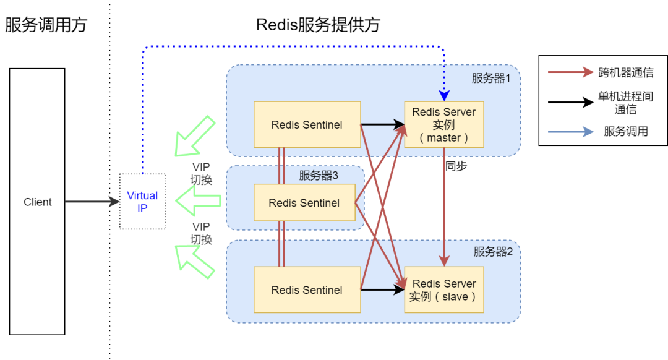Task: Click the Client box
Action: [37, 202]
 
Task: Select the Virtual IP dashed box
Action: [142, 202]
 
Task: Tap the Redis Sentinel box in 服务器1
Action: [307, 124]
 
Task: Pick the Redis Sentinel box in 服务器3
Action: [304, 202]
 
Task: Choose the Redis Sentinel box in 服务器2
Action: [307, 289]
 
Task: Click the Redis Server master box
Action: [444, 124]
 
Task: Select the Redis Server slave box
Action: [444, 289]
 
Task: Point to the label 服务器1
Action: [492, 78]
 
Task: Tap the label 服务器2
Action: [493, 252]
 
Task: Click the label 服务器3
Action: [319, 175]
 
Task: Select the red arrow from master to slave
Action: [444, 204]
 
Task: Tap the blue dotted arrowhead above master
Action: [444, 95]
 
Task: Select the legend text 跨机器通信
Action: [626, 72]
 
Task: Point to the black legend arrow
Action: [570, 103]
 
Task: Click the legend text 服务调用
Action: [626, 132]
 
